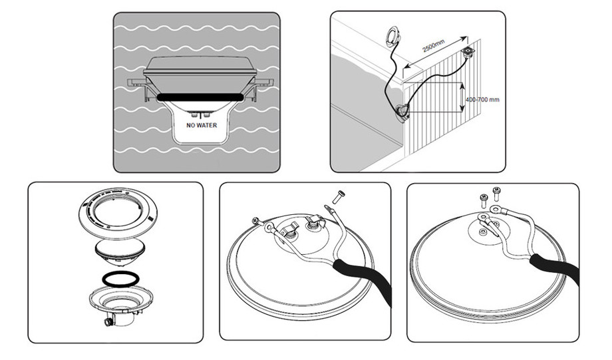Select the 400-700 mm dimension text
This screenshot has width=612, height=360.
(484, 99)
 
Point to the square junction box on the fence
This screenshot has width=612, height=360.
(468, 53)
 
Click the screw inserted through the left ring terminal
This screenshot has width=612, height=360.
(255, 221)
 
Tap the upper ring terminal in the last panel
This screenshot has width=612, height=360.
(496, 212)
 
